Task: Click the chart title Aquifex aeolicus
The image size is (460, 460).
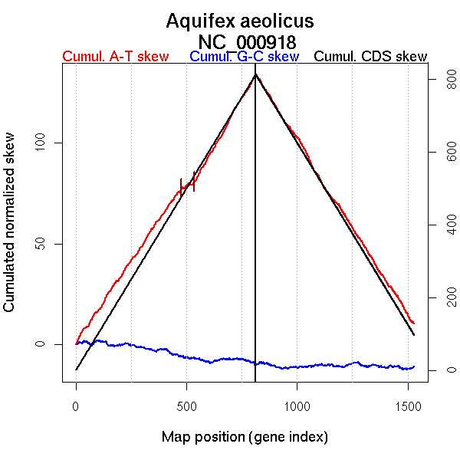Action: [239, 21]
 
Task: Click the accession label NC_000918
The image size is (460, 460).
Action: [247, 41]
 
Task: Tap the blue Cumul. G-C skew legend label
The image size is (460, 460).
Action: [244, 57]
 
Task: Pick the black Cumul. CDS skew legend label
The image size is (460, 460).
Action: [371, 57]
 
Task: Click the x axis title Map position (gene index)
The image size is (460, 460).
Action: [245, 437]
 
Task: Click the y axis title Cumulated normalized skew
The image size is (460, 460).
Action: [10, 230]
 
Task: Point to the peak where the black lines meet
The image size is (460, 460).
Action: [255, 74]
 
